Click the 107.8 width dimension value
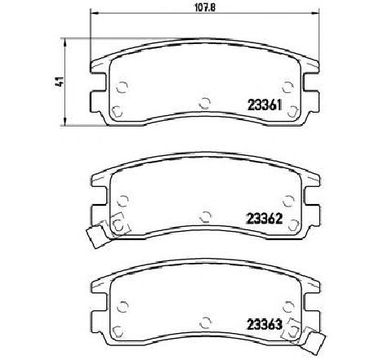coord(205,7)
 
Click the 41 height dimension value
coord(60,82)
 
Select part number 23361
coord(264,104)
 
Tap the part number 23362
coord(264,218)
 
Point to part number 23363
coord(264,324)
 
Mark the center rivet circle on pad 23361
coord(205,103)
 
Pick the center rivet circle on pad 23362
coord(206,216)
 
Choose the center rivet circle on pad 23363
coord(205,322)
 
